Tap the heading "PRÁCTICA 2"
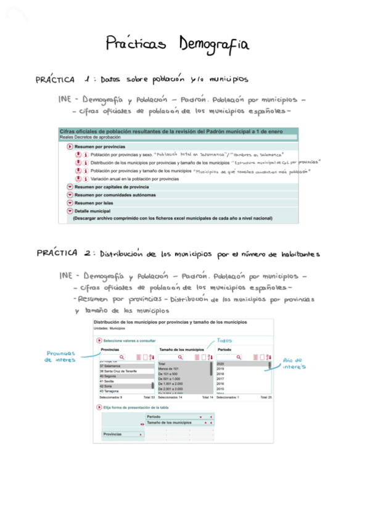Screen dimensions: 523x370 [65, 253]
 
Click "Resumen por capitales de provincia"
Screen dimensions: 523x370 [111, 186]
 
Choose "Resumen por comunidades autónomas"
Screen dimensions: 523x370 [113, 194]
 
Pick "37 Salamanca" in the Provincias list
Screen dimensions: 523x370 [110, 366]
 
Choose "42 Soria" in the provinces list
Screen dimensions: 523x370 [107, 385]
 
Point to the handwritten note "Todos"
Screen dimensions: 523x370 [224, 340]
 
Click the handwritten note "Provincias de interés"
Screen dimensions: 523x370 [61, 356]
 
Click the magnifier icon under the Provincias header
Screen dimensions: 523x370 [122, 356]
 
